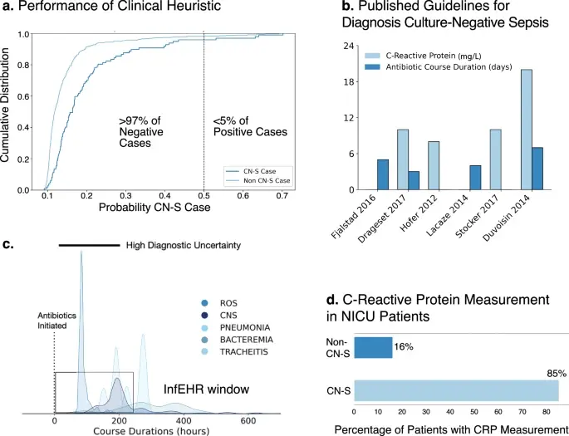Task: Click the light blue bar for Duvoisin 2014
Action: (526, 130)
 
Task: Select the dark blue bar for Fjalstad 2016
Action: (382, 174)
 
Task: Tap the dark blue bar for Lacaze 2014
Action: (475, 178)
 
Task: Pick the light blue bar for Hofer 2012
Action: (434, 165)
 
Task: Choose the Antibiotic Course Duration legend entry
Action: (438, 66)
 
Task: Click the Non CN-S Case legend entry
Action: (258, 181)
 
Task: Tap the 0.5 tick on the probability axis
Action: (204, 196)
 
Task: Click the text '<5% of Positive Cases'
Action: (250, 126)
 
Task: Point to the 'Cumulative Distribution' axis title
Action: (5, 106)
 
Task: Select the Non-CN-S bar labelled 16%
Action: (373, 347)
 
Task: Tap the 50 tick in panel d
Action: (474, 412)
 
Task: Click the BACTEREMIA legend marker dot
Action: (204, 340)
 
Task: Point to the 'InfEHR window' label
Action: (207, 389)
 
